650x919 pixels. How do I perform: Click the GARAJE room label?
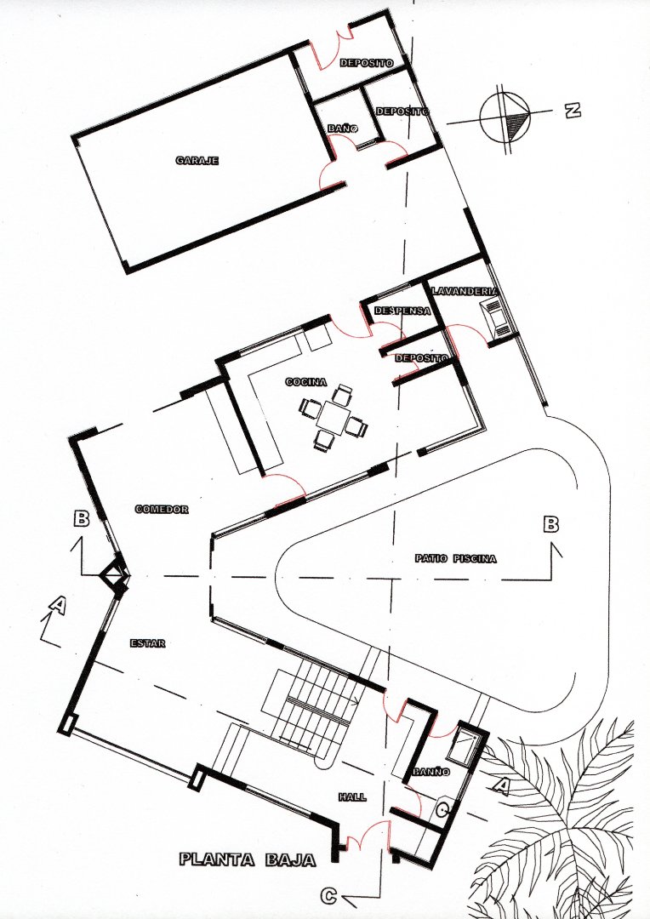(x=197, y=160)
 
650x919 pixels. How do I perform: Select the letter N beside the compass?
(x=573, y=110)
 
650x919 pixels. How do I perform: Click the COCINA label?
(x=306, y=382)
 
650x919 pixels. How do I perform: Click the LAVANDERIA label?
(x=465, y=291)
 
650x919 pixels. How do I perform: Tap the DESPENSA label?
(x=402, y=311)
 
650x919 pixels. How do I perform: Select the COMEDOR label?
(x=161, y=509)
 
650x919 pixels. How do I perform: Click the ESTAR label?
(x=147, y=643)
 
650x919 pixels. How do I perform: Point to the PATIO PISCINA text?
(x=456, y=559)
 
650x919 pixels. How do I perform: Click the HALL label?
(x=352, y=797)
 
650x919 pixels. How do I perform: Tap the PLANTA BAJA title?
(x=248, y=859)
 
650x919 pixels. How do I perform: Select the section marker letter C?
(x=330, y=895)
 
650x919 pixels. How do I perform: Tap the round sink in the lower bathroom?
(x=443, y=809)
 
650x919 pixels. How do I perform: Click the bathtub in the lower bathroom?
(x=465, y=745)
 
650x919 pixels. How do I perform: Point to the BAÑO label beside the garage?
(x=343, y=128)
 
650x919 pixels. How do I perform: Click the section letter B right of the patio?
(x=551, y=524)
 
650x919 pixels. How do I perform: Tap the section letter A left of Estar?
(x=57, y=605)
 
